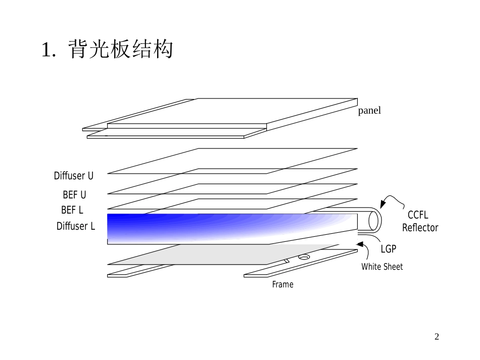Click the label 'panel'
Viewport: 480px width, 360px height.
(x=369, y=111)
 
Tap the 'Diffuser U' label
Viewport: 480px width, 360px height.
(x=74, y=176)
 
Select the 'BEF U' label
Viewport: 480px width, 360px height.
(x=74, y=194)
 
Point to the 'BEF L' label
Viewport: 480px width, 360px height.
(x=72, y=210)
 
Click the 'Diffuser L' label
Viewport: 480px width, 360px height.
(x=76, y=226)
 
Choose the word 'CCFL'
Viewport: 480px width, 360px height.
(x=418, y=216)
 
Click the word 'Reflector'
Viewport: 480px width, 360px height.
(x=420, y=228)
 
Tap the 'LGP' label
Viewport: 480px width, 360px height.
(x=389, y=249)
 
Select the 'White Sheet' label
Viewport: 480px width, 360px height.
(x=382, y=267)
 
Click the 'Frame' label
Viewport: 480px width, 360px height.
(x=282, y=285)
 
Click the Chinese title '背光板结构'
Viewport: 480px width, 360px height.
(x=120, y=50)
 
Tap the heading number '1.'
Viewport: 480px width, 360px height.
(x=48, y=50)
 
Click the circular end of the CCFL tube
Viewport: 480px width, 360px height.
(x=374, y=220)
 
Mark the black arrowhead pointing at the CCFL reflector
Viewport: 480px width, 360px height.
(x=382, y=204)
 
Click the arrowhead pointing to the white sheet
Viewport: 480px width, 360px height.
(x=360, y=245)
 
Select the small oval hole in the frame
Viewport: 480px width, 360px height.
(x=303, y=257)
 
